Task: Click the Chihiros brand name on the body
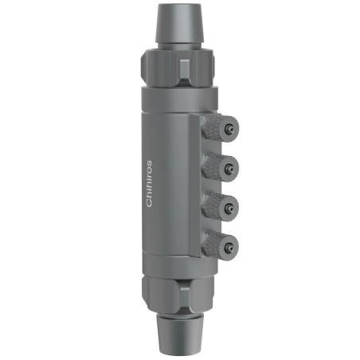click(x=149, y=184)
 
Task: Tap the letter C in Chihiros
click(x=149, y=204)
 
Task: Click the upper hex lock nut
click(x=181, y=67)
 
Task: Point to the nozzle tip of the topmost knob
click(x=230, y=127)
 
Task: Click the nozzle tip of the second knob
click(x=230, y=166)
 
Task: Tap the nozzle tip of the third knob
click(x=230, y=205)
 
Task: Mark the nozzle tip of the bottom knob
click(x=230, y=244)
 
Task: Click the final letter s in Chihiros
click(x=149, y=163)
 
